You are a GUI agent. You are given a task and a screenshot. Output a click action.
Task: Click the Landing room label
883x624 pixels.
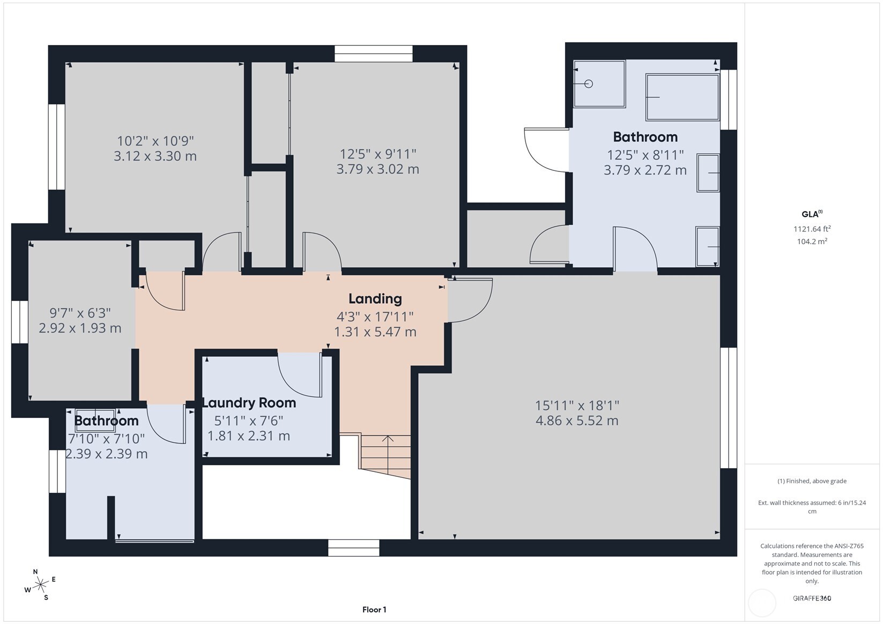[375, 298]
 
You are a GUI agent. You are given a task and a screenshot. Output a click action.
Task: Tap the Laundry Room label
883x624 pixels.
[249, 403]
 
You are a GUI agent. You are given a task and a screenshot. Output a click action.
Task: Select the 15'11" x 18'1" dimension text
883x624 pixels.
[577, 405]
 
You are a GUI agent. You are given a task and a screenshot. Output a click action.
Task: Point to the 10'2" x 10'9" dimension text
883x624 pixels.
[155, 141]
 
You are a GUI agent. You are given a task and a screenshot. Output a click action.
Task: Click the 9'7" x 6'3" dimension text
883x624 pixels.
[80, 313]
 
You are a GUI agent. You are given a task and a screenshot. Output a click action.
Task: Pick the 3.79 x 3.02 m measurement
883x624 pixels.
[377, 169]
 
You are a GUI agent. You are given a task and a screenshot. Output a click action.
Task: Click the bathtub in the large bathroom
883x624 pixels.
[682, 97]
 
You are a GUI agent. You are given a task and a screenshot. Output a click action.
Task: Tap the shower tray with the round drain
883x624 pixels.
[599, 84]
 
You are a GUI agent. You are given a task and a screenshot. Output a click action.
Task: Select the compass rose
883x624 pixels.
[40, 584]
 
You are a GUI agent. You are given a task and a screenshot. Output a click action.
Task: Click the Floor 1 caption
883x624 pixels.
[374, 610]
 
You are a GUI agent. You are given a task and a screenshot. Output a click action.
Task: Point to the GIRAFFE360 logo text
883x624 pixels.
[812, 598]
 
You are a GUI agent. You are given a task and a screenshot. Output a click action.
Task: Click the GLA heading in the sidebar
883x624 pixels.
[812, 214]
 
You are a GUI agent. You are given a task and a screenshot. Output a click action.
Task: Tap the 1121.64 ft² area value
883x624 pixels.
[812, 229]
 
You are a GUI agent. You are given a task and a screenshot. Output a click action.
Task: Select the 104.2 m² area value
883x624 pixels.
[812, 241]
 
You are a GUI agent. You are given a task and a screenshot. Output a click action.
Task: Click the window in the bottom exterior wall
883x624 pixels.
[354, 547]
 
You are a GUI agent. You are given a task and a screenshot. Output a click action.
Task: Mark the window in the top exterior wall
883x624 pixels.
[373, 54]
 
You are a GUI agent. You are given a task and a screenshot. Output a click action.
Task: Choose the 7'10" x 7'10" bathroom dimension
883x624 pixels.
[107, 439]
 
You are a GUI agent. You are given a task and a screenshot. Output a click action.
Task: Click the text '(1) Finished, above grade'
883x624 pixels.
[812, 481]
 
